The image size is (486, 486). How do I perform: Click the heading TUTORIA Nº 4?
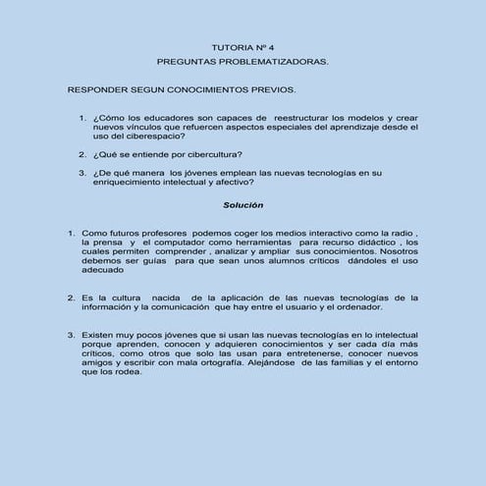(243, 46)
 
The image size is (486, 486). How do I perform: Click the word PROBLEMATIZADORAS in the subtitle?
(280, 61)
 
